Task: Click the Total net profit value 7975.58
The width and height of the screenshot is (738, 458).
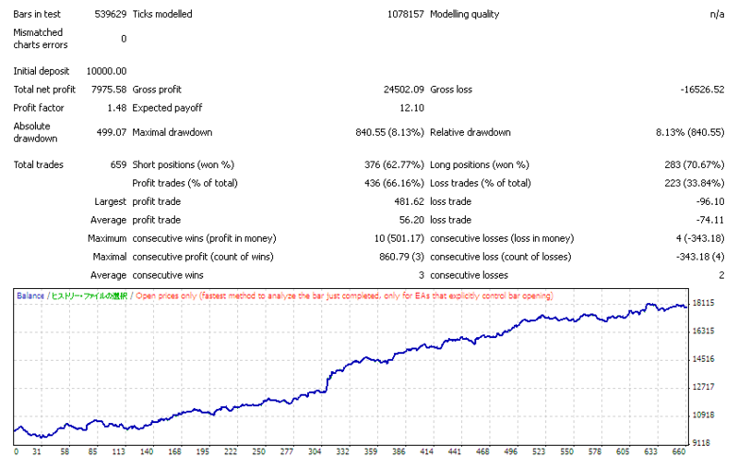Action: click(x=109, y=90)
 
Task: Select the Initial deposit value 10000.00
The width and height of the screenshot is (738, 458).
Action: click(x=106, y=71)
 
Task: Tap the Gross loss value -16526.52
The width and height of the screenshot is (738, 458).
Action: click(x=702, y=90)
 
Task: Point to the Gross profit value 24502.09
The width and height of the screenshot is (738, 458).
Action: click(x=404, y=90)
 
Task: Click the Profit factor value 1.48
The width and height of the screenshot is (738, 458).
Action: click(x=117, y=108)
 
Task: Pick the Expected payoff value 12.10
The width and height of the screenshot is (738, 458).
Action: click(x=411, y=108)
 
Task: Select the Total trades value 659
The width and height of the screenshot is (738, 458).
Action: click(x=118, y=164)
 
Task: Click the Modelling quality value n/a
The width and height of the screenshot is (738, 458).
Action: click(x=718, y=14)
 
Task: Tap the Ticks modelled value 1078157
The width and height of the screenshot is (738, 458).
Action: click(x=406, y=14)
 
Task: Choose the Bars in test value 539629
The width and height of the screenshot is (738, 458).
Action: click(x=111, y=14)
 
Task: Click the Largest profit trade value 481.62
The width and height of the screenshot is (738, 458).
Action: click(x=409, y=201)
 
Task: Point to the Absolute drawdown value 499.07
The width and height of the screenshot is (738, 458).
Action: click(x=112, y=132)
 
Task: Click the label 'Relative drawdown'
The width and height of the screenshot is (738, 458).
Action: click(x=470, y=132)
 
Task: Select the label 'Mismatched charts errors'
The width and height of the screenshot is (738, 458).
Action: click(x=41, y=39)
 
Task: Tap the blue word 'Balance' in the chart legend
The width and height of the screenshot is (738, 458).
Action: click(x=30, y=295)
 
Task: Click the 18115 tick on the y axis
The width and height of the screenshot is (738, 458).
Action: click(x=703, y=303)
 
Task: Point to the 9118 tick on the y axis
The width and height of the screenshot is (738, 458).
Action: click(x=701, y=443)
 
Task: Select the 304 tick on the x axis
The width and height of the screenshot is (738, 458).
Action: click(x=315, y=452)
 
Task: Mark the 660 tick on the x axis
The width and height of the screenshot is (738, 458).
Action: click(x=678, y=452)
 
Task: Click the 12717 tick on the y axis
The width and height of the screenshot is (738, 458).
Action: click(x=703, y=387)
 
